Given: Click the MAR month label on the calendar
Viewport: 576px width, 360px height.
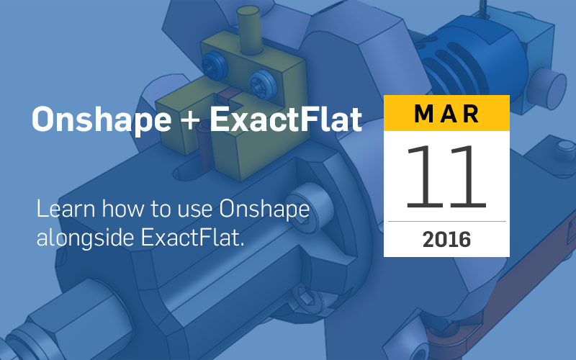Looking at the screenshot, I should click(446, 113).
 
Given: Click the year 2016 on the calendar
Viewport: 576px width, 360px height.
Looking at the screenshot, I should click(446, 238).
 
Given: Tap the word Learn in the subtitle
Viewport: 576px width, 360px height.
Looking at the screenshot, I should click(61, 210).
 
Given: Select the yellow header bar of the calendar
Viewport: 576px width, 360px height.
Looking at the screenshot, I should click(446, 113).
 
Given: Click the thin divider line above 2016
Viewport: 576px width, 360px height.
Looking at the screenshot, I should click(446, 222).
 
